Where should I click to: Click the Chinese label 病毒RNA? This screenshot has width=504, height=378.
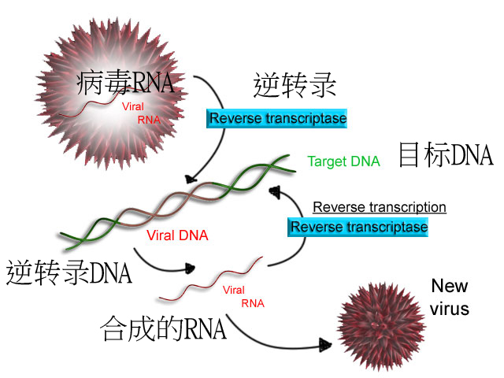[125, 82]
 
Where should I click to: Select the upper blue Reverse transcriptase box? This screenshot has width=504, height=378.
[277, 119]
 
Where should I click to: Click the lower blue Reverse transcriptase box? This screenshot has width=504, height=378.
[359, 227]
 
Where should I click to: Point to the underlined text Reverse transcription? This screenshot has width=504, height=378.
[380, 207]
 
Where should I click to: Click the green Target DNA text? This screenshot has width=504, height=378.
[343, 161]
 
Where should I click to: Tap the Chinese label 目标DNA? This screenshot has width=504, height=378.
[446, 155]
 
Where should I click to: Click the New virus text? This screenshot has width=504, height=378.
[450, 297]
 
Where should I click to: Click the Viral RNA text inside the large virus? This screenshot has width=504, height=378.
[140, 111]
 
